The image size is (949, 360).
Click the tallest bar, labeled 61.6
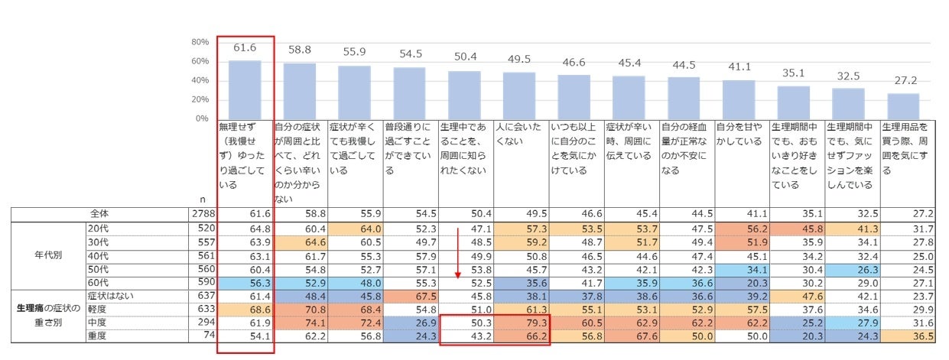point(245,89)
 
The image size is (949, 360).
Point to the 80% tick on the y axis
point(200,41)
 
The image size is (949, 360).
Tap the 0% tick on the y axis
point(200,118)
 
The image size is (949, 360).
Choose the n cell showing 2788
point(202,214)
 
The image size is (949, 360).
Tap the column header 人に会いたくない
point(522,135)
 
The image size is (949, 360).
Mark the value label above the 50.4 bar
point(466,56)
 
